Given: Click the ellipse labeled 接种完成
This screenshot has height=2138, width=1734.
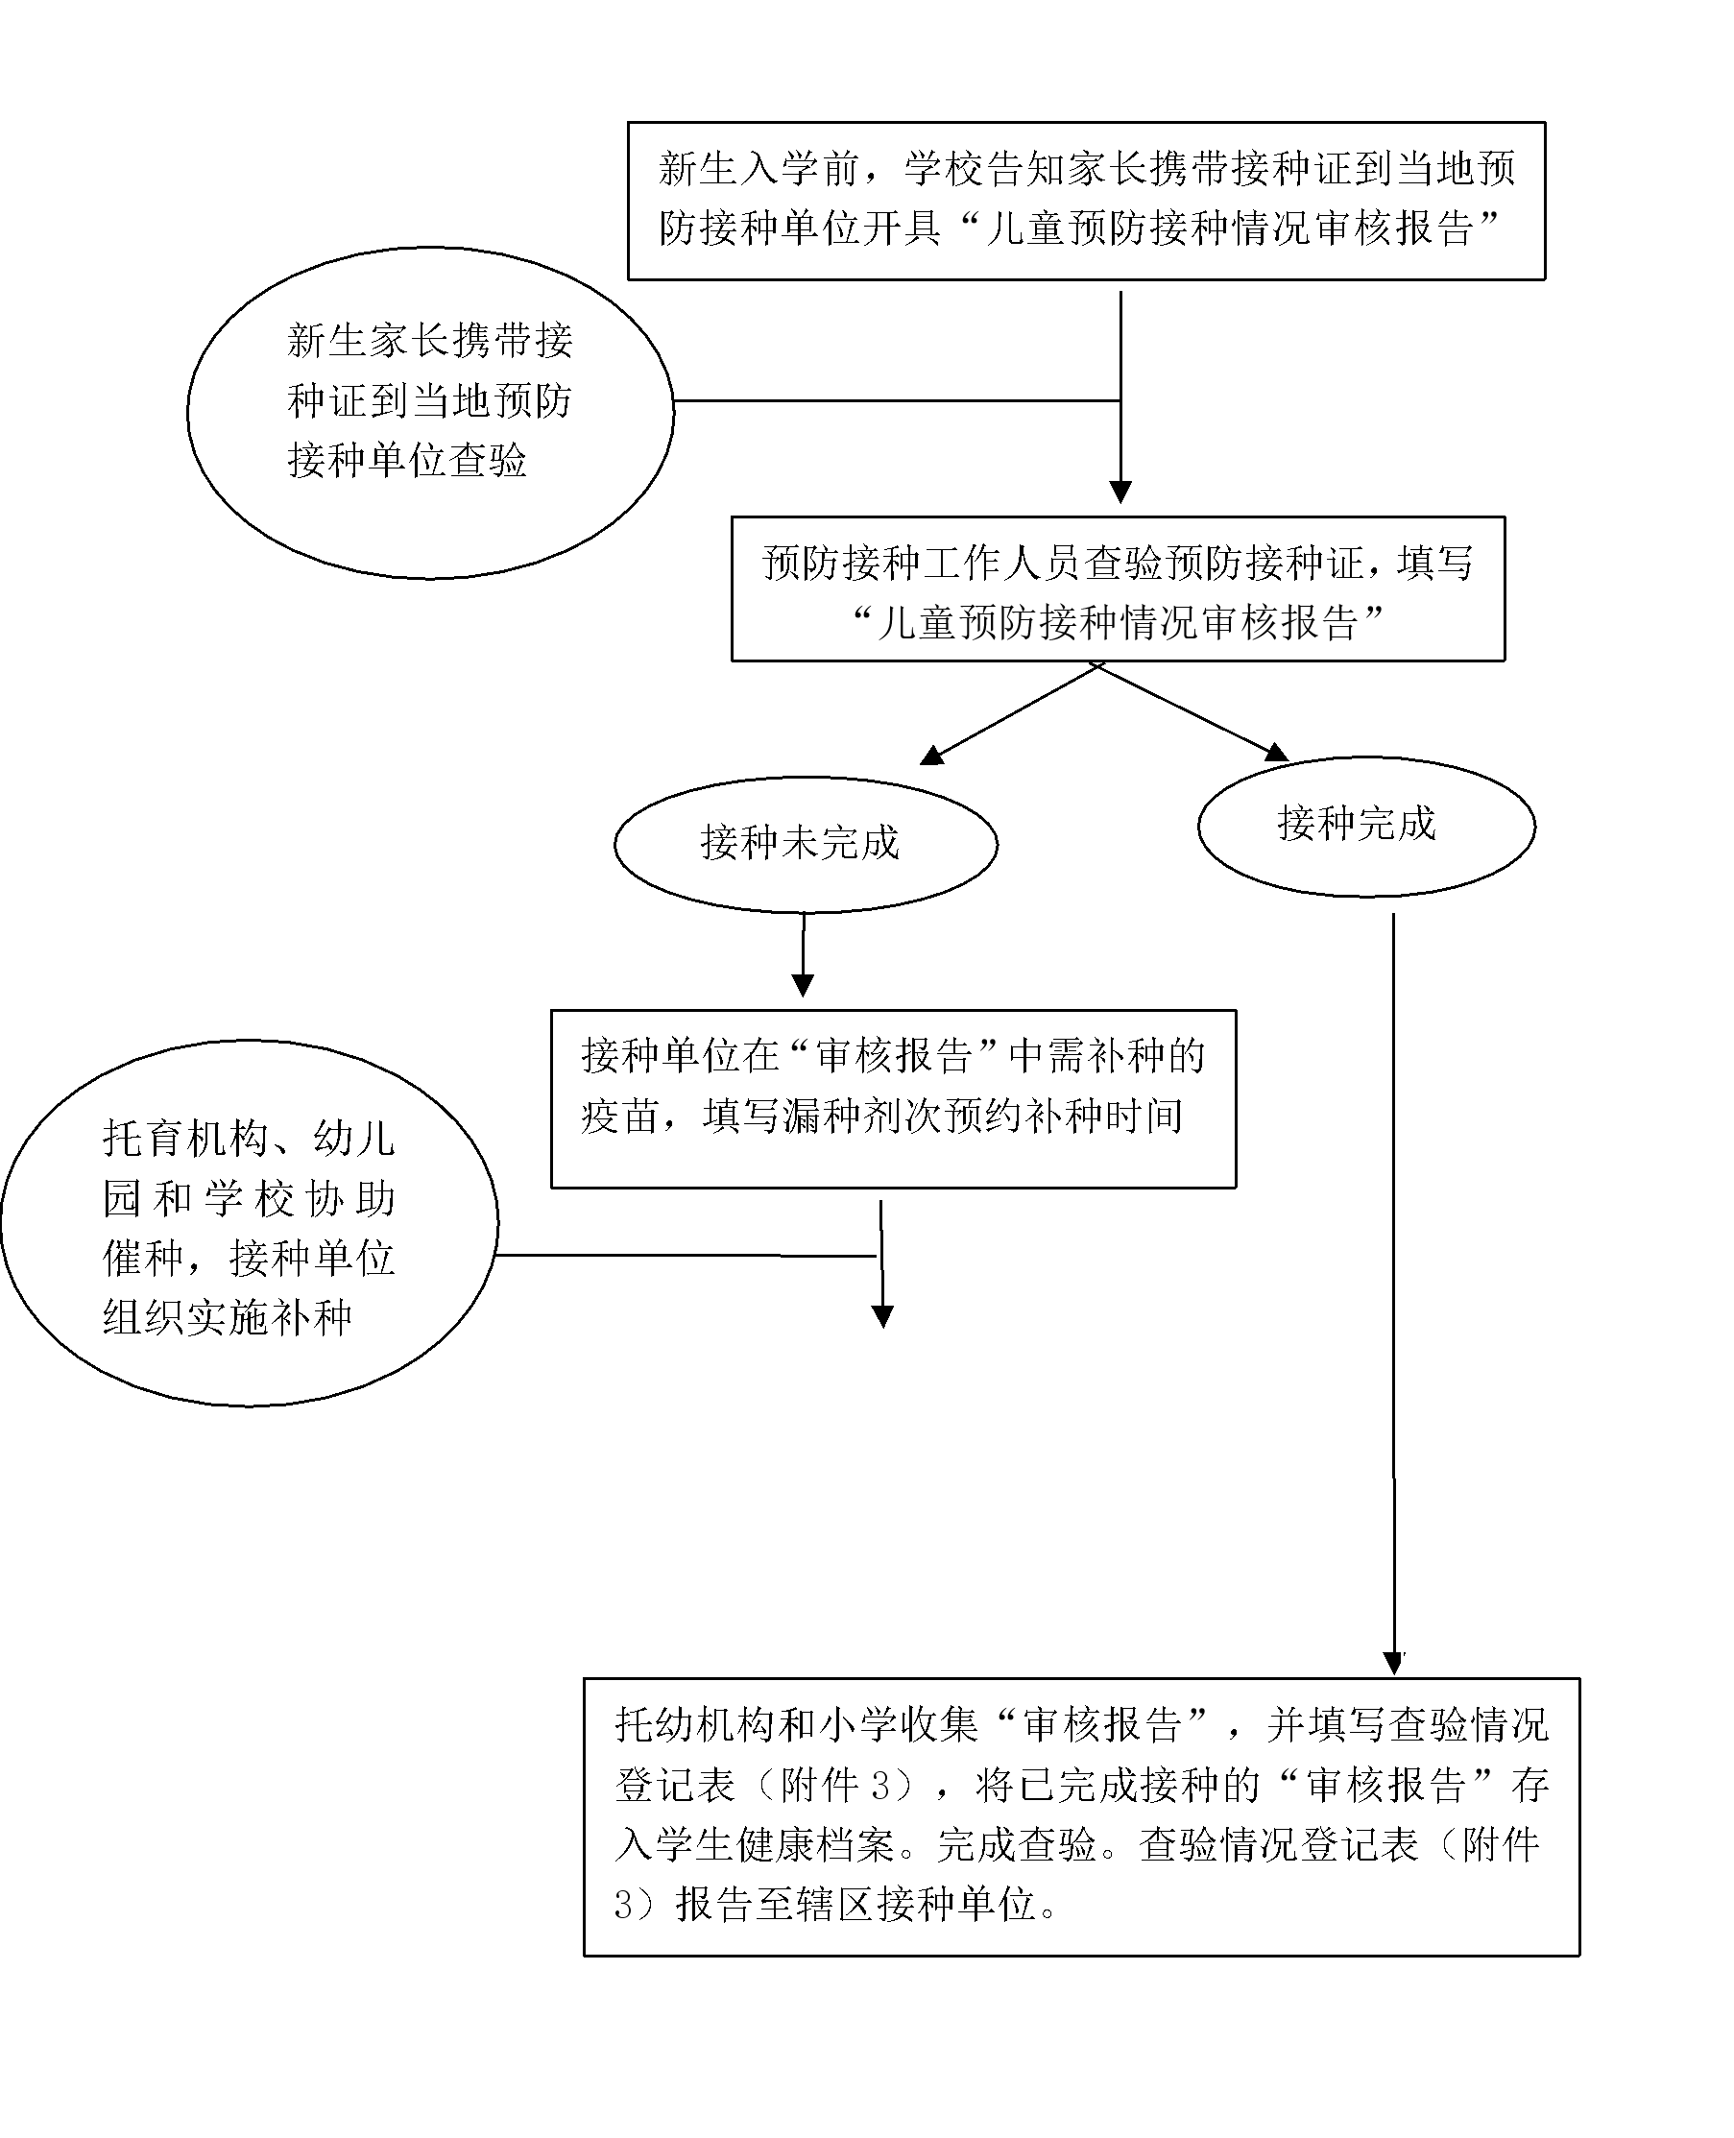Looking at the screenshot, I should (x=1365, y=827).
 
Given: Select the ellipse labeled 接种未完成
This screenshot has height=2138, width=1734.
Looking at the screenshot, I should (x=805, y=845).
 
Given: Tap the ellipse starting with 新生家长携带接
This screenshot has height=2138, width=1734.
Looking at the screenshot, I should (x=429, y=412).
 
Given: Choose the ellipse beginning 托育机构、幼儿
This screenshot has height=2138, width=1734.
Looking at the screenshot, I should (x=249, y=1223).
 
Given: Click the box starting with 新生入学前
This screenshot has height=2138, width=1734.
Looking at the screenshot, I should (x=1086, y=201).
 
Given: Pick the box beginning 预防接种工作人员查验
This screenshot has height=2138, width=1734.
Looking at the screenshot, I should (x=1117, y=589).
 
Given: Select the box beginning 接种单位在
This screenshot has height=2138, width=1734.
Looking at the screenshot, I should (x=893, y=1098).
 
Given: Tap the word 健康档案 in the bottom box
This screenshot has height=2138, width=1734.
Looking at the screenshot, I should (x=814, y=1845).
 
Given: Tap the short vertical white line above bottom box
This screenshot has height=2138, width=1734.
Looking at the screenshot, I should (x=1402, y=1638).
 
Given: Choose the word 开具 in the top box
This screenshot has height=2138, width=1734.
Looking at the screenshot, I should (x=902, y=229).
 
